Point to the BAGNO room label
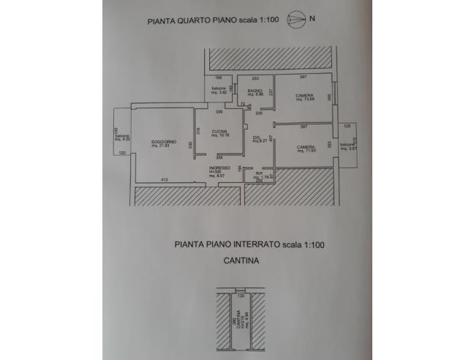tap(255, 91)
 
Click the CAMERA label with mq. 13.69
tap(306, 97)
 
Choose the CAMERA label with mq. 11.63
tap(306, 149)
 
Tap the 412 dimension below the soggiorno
tap(164, 180)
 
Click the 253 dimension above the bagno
tap(255, 77)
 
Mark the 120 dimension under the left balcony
tap(122, 152)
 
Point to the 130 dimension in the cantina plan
tap(241, 296)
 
